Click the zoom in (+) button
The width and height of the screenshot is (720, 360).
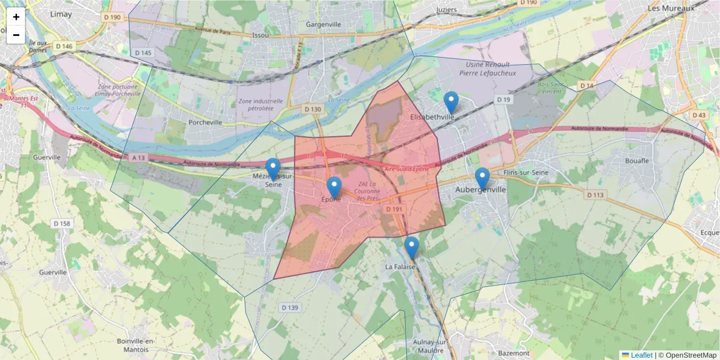tap(16, 17)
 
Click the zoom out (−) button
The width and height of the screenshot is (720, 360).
tap(16, 35)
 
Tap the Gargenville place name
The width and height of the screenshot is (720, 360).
tap(323, 25)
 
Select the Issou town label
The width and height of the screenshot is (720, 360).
tap(260, 35)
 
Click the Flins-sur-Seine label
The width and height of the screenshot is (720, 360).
tap(527, 173)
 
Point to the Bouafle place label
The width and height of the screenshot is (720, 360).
tap(637, 161)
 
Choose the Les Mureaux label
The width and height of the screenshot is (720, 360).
tap(671, 9)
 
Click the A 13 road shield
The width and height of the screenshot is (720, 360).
tap(138, 158)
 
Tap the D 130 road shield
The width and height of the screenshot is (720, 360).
tap(313, 109)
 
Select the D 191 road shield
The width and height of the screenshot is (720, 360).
tap(394, 209)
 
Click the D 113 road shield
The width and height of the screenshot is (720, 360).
tap(595, 195)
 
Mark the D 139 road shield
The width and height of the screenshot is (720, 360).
tap(289, 308)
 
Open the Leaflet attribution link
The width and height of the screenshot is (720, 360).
tap(641, 355)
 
